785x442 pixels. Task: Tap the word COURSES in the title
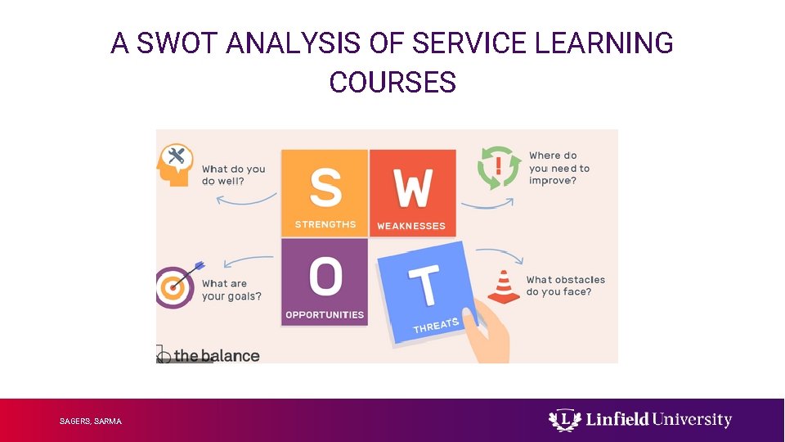click(x=392, y=83)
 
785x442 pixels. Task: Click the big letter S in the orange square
click(x=325, y=187)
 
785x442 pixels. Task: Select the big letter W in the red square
click(x=413, y=189)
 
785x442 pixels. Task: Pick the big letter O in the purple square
click(x=325, y=277)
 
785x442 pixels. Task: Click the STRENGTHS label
click(x=325, y=225)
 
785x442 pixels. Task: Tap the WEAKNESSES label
click(x=411, y=226)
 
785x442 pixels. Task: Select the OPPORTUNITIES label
click(x=325, y=314)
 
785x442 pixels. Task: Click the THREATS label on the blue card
click(x=436, y=326)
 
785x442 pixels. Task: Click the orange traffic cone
click(x=504, y=287)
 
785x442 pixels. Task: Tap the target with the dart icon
click(x=174, y=286)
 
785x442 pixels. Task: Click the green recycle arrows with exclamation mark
click(x=499, y=168)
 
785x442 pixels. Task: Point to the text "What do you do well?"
click(x=234, y=175)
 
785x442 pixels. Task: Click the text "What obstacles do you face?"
click(x=565, y=286)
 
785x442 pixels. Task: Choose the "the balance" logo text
click(x=216, y=356)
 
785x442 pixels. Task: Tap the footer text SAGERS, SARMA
click(x=90, y=422)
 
